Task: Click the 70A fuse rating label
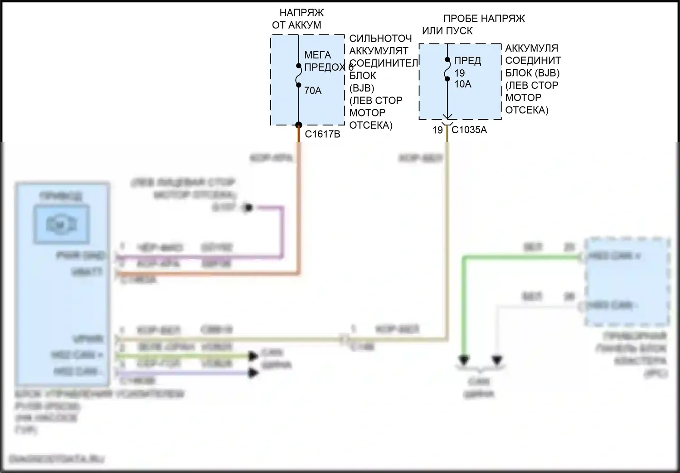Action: [x=313, y=91]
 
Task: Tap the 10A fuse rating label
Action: [x=463, y=84]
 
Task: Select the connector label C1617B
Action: [x=322, y=134]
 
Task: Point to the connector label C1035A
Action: [x=469, y=130]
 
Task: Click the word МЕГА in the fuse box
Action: [x=317, y=55]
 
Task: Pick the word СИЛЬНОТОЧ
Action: [x=380, y=39]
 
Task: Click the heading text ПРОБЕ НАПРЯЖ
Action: [x=484, y=19]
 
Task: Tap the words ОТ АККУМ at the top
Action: [x=296, y=25]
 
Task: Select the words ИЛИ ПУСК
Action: [x=447, y=31]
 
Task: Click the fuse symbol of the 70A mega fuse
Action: [x=299, y=76]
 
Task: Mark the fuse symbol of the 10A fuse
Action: [x=447, y=69]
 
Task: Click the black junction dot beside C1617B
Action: [x=299, y=125]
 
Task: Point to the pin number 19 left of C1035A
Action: [x=437, y=130]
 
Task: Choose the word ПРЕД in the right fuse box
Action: [x=467, y=61]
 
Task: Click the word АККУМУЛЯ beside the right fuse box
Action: [x=531, y=48]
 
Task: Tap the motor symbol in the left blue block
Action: [x=62, y=225]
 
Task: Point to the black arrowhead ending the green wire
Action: [x=464, y=361]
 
